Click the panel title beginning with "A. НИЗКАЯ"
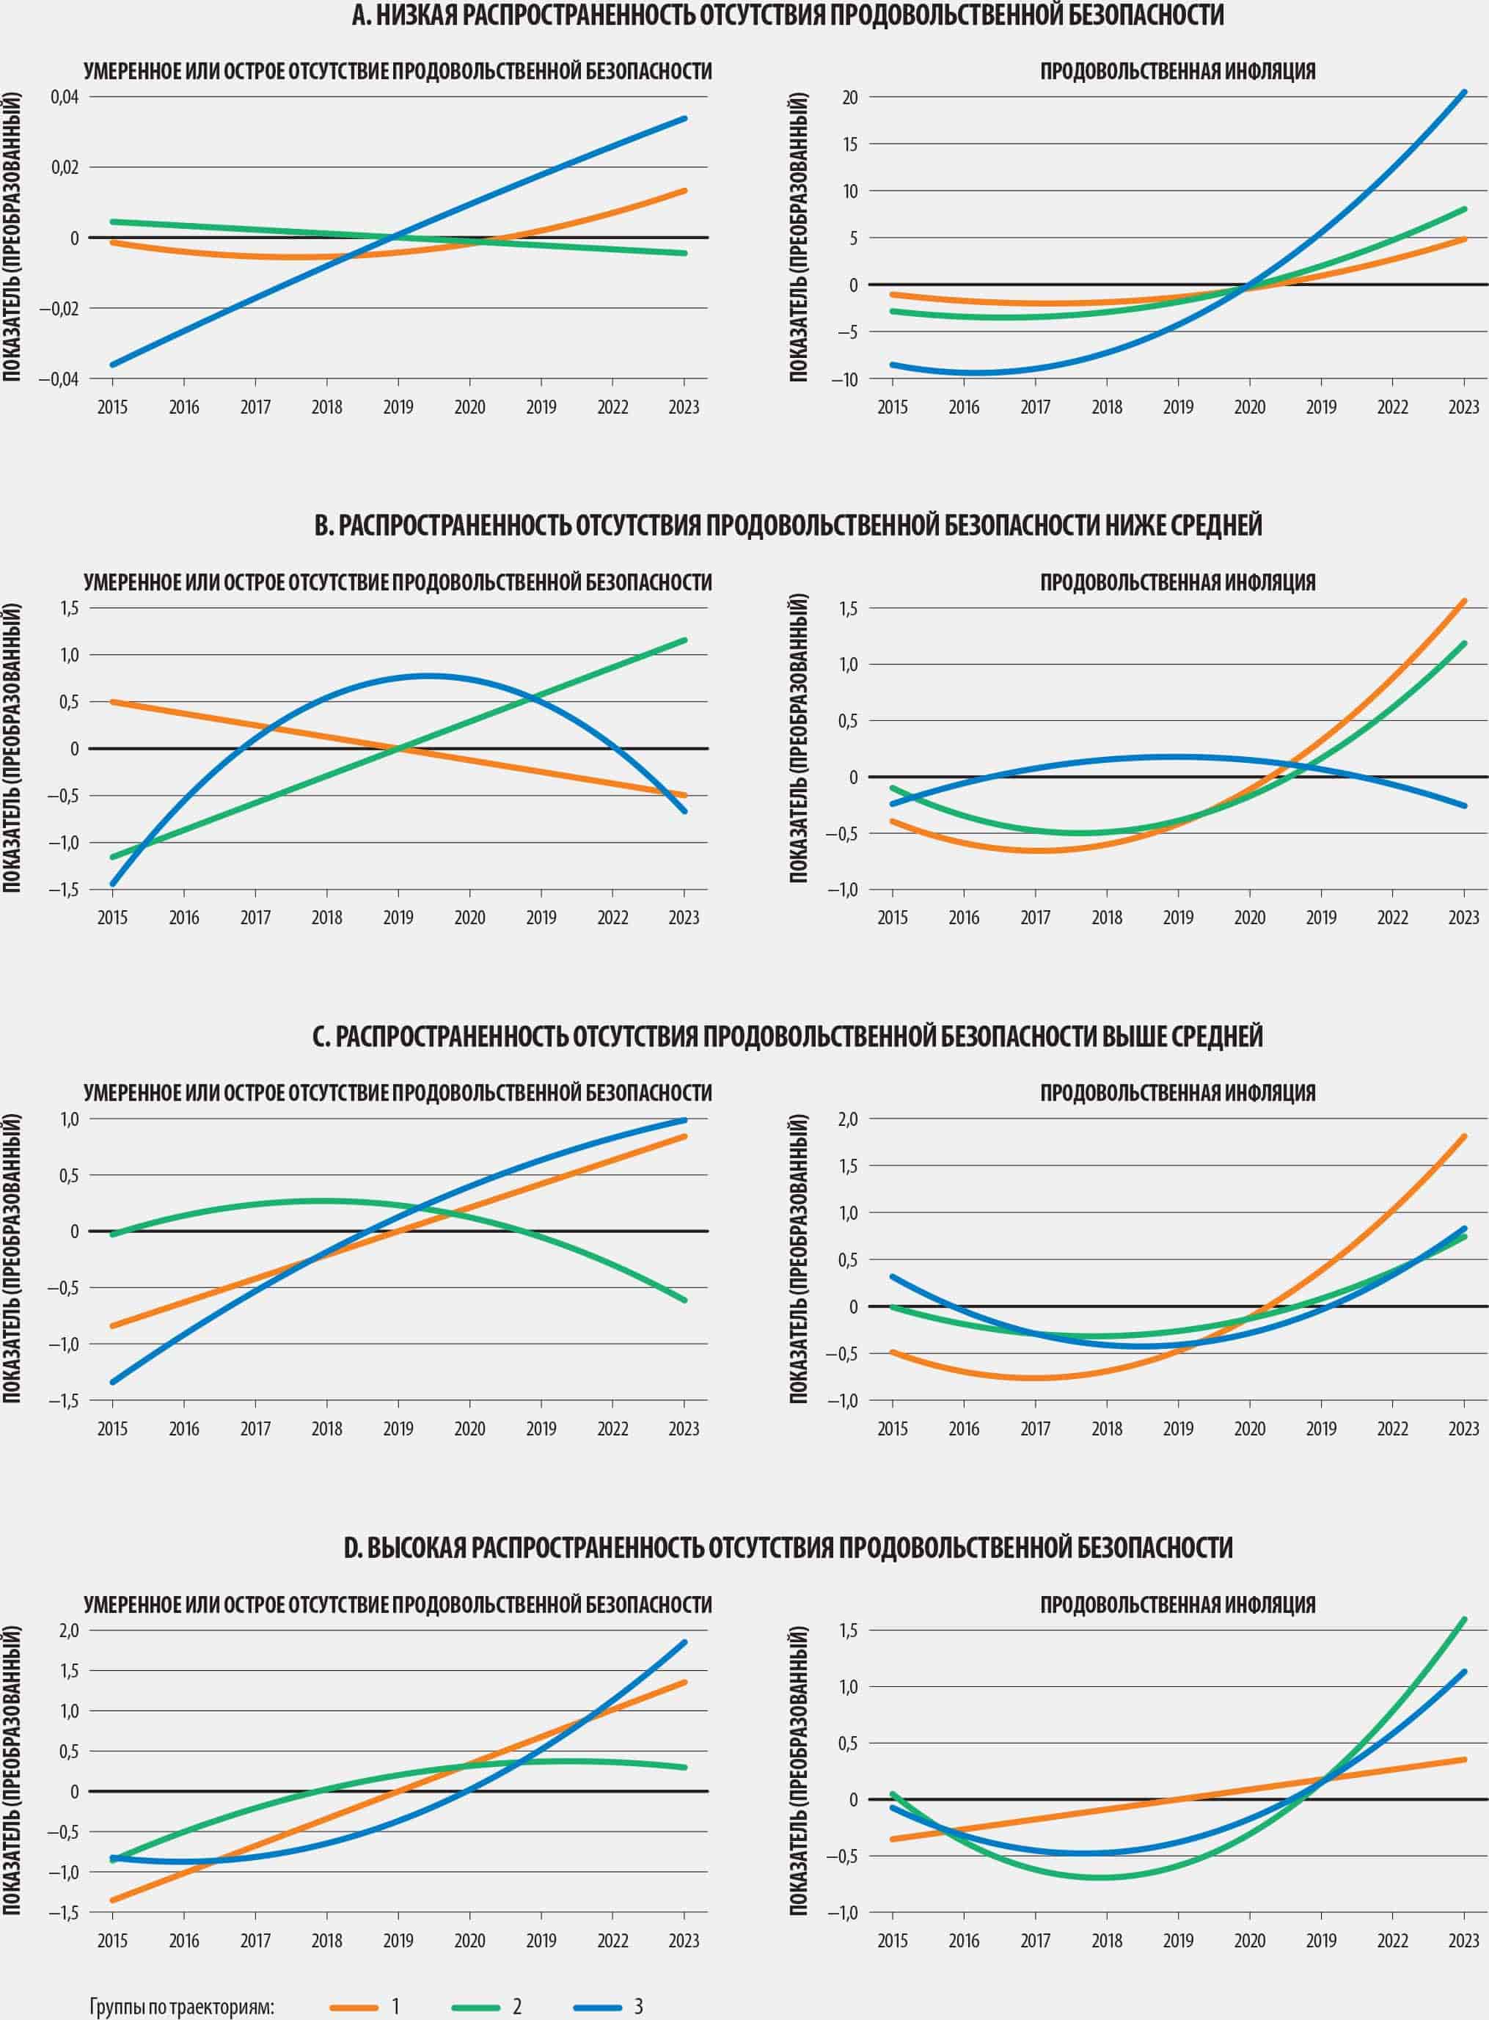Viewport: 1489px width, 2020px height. tap(788, 15)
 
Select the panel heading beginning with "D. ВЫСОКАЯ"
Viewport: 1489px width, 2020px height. tap(788, 1548)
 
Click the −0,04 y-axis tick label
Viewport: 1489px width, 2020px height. tap(59, 378)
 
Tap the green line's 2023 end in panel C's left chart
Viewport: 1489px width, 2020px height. tap(684, 1300)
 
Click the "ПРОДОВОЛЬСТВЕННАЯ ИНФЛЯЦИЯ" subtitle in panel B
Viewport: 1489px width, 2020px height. tap(1177, 582)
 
